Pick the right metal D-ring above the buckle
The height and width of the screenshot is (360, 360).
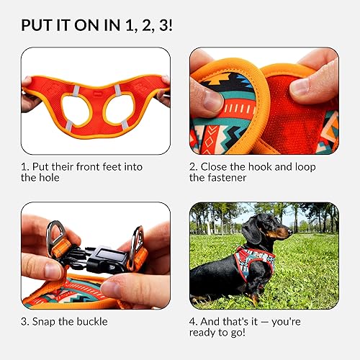[x=136, y=240]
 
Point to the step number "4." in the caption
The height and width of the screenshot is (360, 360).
[x=195, y=320]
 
